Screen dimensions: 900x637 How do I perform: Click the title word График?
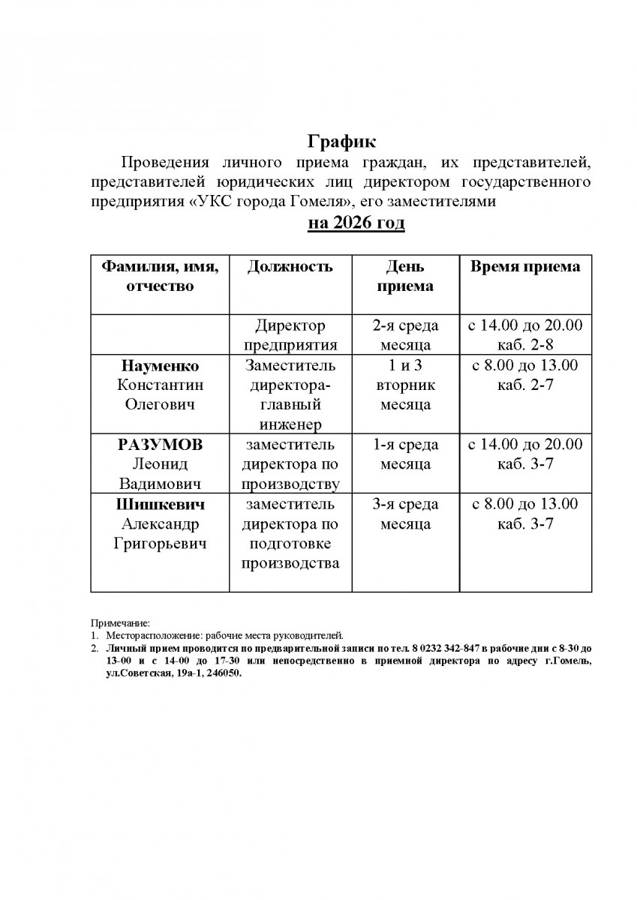pyautogui.click(x=341, y=142)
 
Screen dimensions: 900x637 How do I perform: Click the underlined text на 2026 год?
pyautogui.click(x=356, y=223)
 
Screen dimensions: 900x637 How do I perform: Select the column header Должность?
pyautogui.click(x=290, y=268)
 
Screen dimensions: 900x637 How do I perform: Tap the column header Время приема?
pyautogui.click(x=525, y=268)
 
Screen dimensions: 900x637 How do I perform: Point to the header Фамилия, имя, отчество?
pyautogui.click(x=159, y=276)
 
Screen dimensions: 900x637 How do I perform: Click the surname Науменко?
pyautogui.click(x=160, y=366)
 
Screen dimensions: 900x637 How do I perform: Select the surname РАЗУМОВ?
pyautogui.click(x=160, y=445)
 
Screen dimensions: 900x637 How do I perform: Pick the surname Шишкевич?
pyautogui.click(x=160, y=504)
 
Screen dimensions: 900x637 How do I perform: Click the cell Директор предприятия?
pyautogui.click(x=290, y=335)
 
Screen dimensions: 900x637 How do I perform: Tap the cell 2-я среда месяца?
pyautogui.click(x=405, y=335)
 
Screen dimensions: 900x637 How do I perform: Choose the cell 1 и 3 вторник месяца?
pyautogui.click(x=405, y=385)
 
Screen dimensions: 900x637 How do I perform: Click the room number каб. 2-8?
pyautogui.click(x=525, y=345)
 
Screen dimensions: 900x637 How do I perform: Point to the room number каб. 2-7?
pyautogui.click(x=525, y=385)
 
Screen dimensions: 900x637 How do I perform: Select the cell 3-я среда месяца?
pyautogui.click(x=405, y=514)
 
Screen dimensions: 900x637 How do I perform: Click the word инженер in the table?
pyautogui.click(x=290, y=424)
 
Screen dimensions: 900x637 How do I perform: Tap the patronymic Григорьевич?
pyautogui.click(x=160, y=543)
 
